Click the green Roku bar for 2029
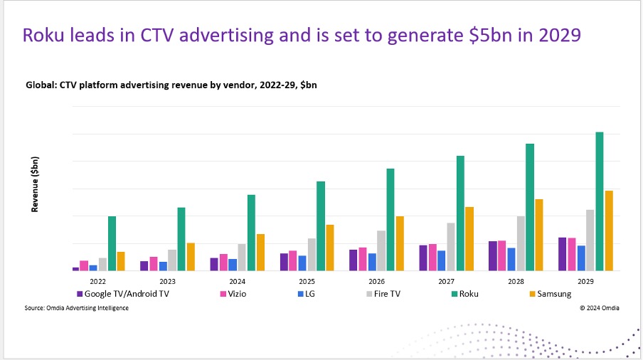[599, 201]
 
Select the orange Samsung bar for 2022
[121, 261]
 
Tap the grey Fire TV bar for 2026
[382, 250]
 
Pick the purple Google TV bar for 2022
[76, 268]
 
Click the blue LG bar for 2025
[302, 263]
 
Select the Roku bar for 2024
[251, 233]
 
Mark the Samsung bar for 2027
[469, 238]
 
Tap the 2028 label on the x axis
[516, 281]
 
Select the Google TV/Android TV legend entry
[127, 294]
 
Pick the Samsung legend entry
[554, 294]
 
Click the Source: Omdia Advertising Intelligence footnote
[77, 308]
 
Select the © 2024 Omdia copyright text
[599, 308]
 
